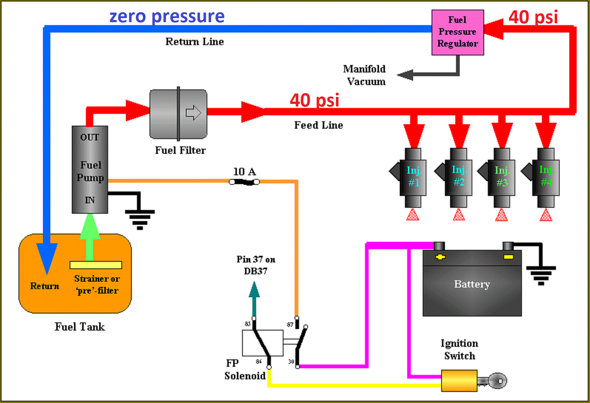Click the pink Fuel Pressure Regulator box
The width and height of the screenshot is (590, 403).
point(457,33)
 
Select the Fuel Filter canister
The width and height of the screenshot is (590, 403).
point(178,114)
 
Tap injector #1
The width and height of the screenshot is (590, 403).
point(413,177)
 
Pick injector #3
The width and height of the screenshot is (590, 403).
point(502,177)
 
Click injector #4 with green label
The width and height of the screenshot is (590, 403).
point(546,177)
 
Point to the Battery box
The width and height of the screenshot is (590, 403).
point(472,284)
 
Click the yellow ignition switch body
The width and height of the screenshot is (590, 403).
point(459,380)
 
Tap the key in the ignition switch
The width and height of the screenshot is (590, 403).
point(493,380)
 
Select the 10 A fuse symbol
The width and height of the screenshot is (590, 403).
point(244,182)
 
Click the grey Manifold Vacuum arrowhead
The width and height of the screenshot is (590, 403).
point(405,75)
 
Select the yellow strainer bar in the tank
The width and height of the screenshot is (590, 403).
point(96,265)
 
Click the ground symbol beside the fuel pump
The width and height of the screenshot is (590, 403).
point(140,218)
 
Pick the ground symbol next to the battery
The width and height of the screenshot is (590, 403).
point(541,275)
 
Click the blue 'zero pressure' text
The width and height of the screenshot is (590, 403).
point(167,16)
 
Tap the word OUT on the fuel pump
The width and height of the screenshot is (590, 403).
point(90,137)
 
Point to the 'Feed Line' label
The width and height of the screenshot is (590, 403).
point(318,125)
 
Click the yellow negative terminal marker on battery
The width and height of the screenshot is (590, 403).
point(509,257)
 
